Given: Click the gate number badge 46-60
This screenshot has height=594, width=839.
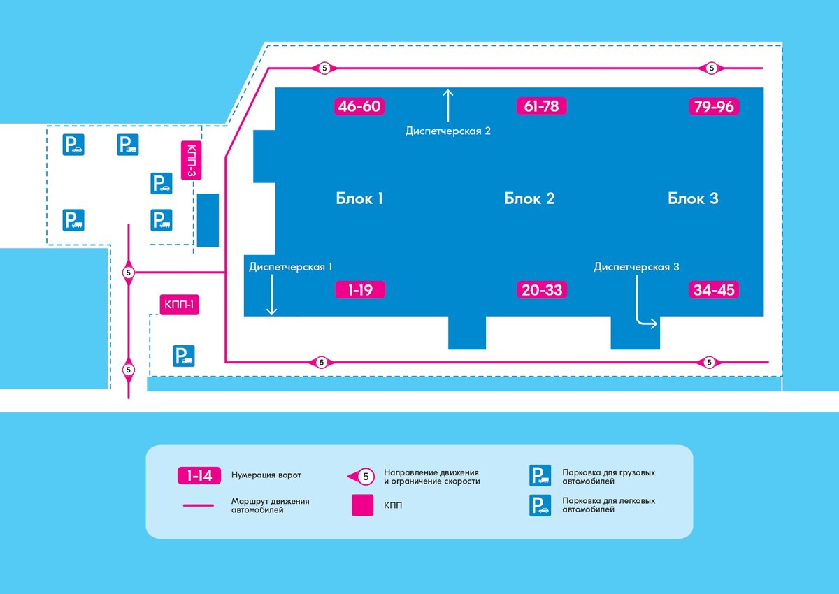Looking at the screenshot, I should (x=360, y=106).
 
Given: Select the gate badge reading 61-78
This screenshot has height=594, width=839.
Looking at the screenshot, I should (x=541, y=106).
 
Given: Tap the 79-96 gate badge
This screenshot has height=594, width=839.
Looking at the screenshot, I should (x=714, y=106).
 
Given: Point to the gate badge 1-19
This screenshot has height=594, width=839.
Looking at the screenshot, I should (x=360, y=289).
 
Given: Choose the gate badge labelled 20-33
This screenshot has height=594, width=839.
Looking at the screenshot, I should (x=542, y=289).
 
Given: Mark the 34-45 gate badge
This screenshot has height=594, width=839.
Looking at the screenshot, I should (x=714, y=289).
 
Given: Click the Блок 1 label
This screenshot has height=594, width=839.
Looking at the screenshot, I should (x=359, y=198).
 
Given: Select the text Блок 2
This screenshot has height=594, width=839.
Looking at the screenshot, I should (x=529, y=198).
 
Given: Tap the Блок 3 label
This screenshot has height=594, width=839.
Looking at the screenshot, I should (x=693, y=198).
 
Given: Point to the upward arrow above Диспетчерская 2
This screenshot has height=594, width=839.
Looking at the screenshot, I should (x=448, y=104).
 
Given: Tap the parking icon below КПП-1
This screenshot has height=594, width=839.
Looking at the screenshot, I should (x=184, y=356).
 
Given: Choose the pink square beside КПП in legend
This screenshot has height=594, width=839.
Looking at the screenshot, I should (x=362, y=505).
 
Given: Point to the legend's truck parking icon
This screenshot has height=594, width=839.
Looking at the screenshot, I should (x=539, y=476).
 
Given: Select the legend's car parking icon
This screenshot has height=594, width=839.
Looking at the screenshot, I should (x=539, y=505).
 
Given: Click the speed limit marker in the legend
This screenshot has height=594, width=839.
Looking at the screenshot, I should (x=363, y=476).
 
